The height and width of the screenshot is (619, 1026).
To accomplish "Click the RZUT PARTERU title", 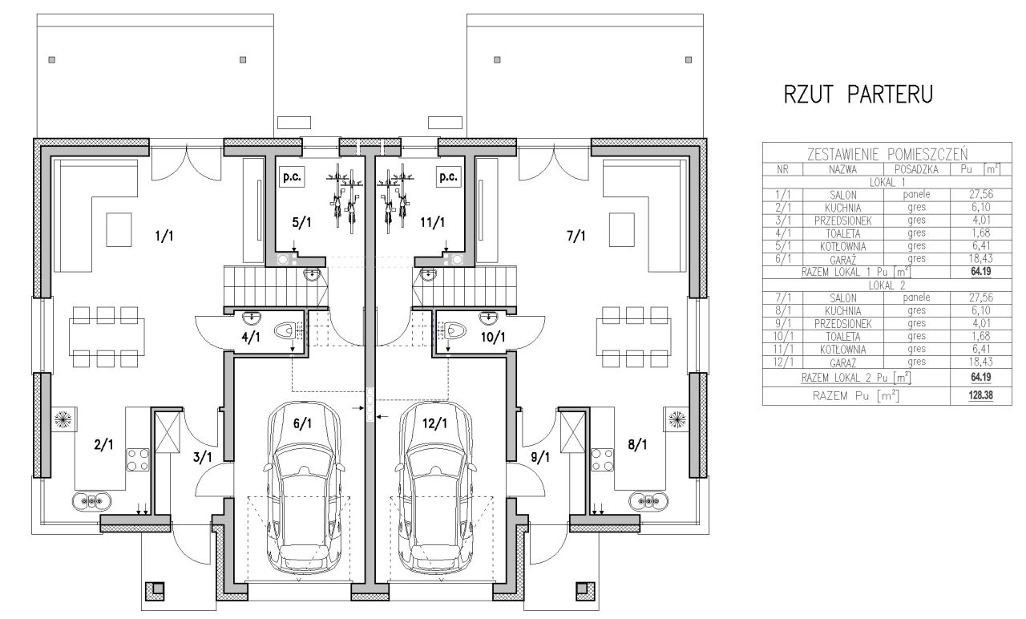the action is click(x=858, y=94).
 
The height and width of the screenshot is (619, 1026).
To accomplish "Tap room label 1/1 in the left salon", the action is click(x=164, y=236).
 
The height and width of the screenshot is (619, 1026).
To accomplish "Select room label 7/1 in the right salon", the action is click(x=576, y=236).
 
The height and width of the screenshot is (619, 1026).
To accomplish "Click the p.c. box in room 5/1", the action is click(x=292, y=177).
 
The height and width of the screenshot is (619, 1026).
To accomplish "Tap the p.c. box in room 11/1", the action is click(x=448, y=177).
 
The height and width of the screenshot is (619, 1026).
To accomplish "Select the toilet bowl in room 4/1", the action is click(x=285, y=330).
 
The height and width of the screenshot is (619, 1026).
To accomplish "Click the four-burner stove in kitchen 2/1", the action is click(x=138, y=460).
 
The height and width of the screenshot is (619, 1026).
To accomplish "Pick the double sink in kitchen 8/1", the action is click(x=648, y=501).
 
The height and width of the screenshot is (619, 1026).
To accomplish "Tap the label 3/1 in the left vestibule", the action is click(x=203, y=457).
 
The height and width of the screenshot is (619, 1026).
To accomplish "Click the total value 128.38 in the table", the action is click(x=980, y=395).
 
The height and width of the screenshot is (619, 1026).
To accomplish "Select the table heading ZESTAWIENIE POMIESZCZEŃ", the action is click(x=887, y=154).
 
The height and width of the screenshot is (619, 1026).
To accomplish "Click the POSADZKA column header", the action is click(x=916, y=169).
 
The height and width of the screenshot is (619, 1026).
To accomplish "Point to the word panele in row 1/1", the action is click(x=916, y=195).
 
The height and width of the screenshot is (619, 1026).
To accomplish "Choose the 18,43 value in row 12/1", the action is click(x=980, y=362).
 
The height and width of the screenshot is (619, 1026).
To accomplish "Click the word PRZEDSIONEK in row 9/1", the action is click(x=842, y=324).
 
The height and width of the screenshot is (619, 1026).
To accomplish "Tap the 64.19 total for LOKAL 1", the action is click(x=980, y=272).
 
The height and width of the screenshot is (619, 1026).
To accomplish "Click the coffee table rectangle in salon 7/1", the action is click(x=621, y=230).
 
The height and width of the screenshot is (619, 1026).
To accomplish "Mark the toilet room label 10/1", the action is click(x=493, y=338).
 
